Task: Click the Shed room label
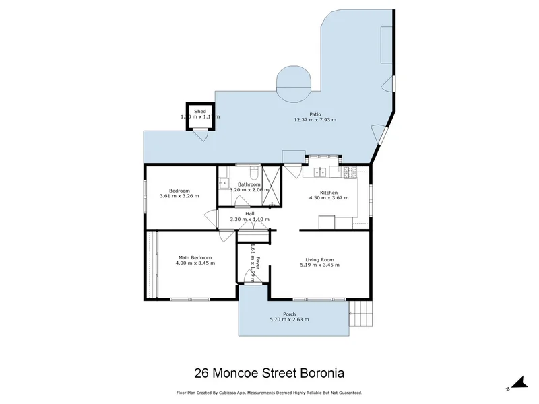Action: (x=200, y=111)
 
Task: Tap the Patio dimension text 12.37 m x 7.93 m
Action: (x=315, y=120)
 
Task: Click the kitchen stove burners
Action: (x=350, y=172)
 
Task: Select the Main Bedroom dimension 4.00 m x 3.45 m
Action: (x=195, y=263)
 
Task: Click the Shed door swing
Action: (x=199, y=137)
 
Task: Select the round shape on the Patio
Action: (x=294, y=83)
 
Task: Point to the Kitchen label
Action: (x=329, y=193)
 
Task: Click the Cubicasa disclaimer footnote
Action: (x=269, y=392)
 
